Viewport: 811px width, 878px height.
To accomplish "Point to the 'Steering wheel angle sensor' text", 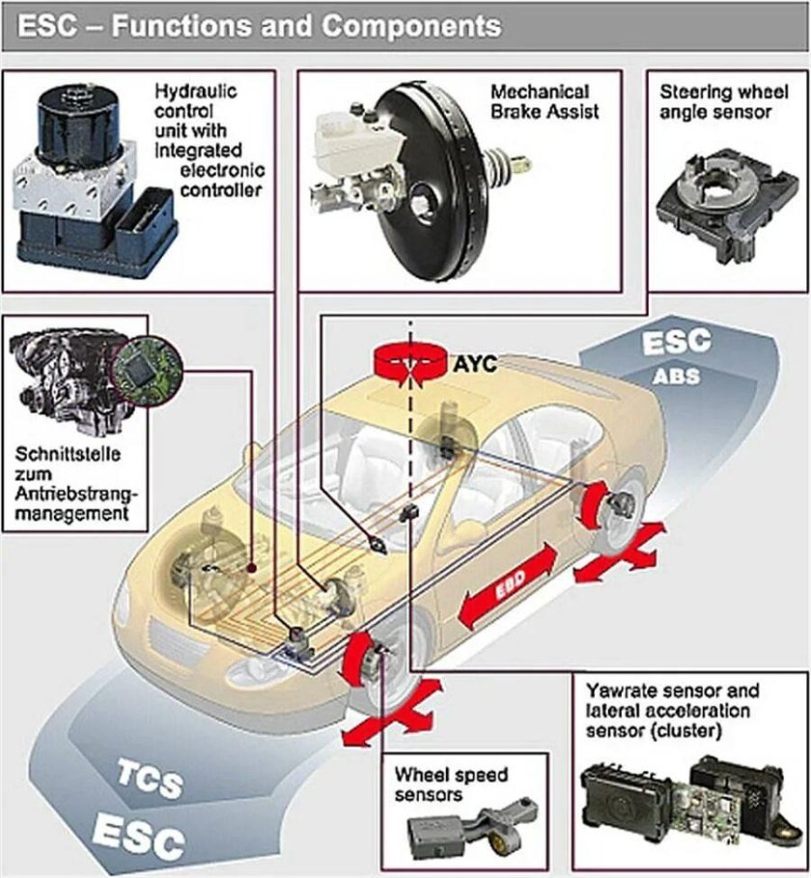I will pyautogui.click(x=715, y=101).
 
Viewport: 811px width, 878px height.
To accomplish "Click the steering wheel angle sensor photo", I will pyautogui.click(x=715, y=204).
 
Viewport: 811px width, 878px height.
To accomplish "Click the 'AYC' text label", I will pyautogui.click(x=475, y=365).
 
